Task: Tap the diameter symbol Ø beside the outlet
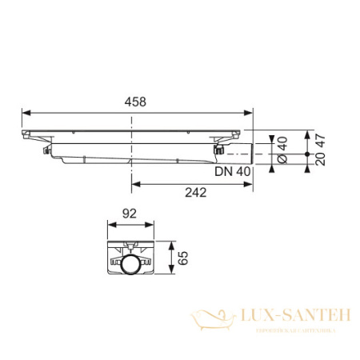click(282, 160)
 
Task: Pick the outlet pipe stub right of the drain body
click(243, 152)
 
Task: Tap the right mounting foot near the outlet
click(218, 147)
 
